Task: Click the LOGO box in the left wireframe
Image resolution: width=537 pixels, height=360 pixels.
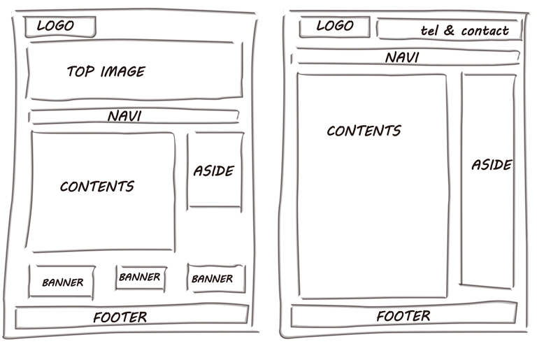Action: (x=60, y=27)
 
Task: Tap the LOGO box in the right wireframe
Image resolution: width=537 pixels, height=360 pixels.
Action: (x=335, y=27)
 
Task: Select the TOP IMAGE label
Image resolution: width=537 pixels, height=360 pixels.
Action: (x=106, y=71)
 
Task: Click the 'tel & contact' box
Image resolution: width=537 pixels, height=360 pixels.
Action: (x=450, y=30)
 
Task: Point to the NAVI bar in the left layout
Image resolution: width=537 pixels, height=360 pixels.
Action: (x=133, y=116)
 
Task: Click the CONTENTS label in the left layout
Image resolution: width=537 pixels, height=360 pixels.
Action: (x=96, y=187)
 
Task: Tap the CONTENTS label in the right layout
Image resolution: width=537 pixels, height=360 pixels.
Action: (x=364, y=131)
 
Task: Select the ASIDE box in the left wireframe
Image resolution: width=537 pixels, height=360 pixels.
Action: (x=215, y=170)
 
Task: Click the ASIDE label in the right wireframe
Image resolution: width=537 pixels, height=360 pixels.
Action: (x=491, y=165)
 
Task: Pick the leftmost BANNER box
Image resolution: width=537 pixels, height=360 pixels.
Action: (x=62, y=282)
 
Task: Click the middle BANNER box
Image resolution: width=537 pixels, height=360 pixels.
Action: (x=140, y=278)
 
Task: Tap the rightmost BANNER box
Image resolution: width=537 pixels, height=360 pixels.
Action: (x=213, y=279)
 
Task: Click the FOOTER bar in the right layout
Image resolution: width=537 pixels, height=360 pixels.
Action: (x=403, y=316)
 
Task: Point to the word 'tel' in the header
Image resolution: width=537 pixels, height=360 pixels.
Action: (x=429, y=31)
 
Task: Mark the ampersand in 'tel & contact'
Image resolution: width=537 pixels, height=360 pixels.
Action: (x=448, y=31)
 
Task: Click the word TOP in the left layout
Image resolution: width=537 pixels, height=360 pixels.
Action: (x=80, y=71)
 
